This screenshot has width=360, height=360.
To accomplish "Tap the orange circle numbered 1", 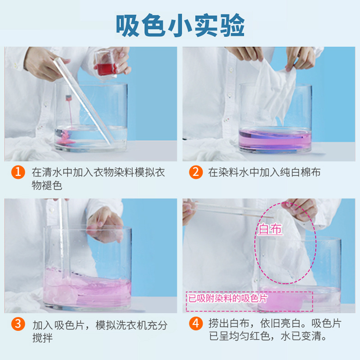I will pyautogui.click(x=18, y=172).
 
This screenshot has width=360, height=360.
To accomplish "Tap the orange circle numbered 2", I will pyautogui.click(x=195, y=172).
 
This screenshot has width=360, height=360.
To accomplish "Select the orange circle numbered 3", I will pyautogui.click(x=18, y=324).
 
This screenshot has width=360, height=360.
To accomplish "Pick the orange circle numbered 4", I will pyautogui.click(x=195, y=324).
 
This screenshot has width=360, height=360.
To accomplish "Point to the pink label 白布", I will pyautogui.click(x=270, y=229).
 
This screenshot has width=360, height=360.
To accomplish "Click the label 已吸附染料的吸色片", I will pyautogui.click(x=227, y=298).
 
